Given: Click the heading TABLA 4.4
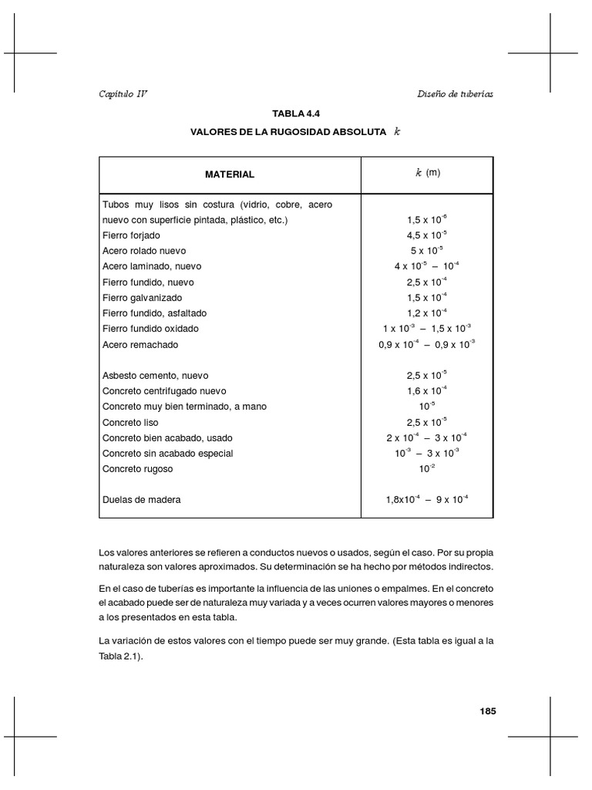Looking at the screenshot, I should pos(296,114).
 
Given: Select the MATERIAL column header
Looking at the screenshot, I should pos(229,174).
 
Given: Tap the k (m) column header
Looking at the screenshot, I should pos(427,174).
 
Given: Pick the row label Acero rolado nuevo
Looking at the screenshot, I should pos(144,251).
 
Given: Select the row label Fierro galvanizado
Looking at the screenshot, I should pos(143,297).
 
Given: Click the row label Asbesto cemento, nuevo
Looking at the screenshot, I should pos(156,376).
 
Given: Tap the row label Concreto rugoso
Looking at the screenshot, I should pos(137,468).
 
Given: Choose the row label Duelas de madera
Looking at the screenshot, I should pos(142,500).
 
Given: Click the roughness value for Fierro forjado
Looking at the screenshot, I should pos(426,235).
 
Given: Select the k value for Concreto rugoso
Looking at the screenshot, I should pos(426,468).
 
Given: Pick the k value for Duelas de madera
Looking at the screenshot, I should pos(426,499).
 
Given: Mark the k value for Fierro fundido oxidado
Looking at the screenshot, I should pos(426,328).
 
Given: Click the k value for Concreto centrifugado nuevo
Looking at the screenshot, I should pos(426,390).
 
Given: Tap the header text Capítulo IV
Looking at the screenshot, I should pos(123,93).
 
